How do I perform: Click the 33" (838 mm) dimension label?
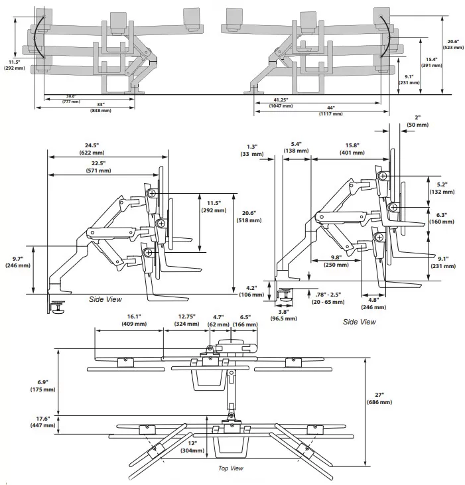101,107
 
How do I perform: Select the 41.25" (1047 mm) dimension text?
281,103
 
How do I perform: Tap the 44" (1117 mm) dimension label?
331,111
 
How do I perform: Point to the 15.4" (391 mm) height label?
432,62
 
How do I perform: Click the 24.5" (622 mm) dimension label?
92,149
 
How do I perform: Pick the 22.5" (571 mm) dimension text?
98,167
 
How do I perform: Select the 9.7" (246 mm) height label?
18,262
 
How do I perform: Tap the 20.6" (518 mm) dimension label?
249,216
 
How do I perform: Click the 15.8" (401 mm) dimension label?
352,149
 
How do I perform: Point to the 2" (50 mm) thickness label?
418,121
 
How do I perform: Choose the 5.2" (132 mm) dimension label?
442,188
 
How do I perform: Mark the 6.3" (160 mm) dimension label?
442,218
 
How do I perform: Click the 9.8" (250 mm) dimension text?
336,261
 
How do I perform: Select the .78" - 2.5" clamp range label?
328,298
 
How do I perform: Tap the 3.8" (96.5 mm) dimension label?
283,315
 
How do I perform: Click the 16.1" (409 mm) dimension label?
134,320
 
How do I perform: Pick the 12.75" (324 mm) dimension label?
187,320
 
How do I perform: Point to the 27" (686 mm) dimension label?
379,398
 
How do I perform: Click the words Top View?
231,468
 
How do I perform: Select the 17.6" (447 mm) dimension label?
42,422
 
